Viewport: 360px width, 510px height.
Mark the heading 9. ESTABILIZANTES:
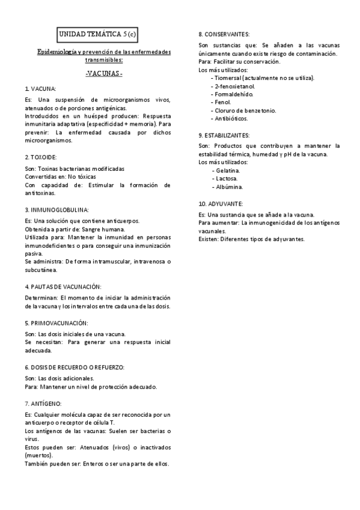click(224, 136)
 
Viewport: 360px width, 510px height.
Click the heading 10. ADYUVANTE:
click(221, 204)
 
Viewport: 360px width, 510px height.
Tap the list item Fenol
click(222, 102)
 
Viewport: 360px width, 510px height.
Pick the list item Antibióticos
click(230, 118)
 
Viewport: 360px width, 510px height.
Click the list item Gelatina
click(227, 170)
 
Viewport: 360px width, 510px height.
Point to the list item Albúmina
click(227, 186)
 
